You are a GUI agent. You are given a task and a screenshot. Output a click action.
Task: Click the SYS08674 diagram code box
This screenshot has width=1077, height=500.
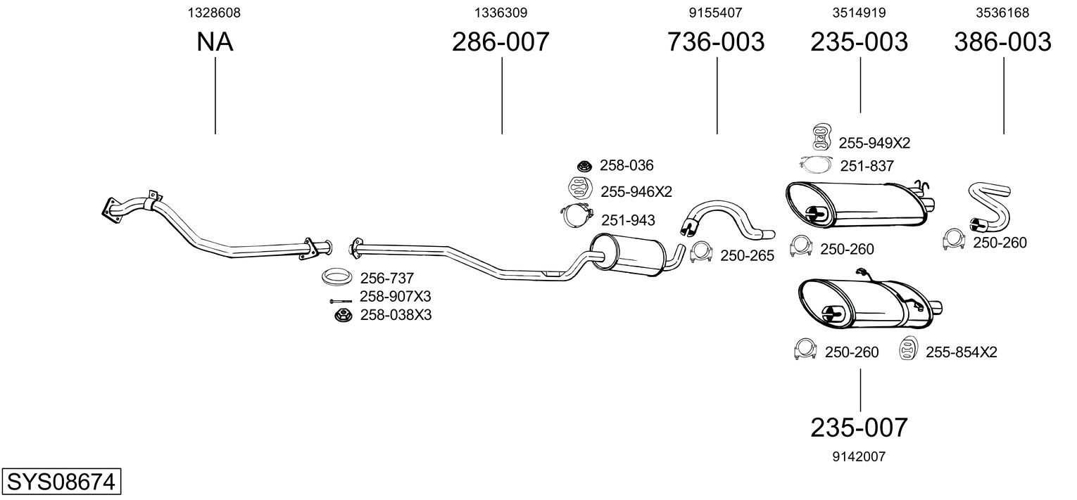pos(61,483)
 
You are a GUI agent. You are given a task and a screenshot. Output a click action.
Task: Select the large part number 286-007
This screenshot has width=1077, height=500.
pos(500,42)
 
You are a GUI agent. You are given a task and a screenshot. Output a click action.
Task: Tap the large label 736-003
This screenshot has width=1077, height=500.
pos(715,42)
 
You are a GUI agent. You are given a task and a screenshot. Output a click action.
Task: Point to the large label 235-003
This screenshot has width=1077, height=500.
pos(859,42)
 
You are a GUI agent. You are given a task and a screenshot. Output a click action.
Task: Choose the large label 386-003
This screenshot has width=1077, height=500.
pos(1002,42)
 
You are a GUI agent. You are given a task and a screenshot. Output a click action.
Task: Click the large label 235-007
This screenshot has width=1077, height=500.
pos(859,427)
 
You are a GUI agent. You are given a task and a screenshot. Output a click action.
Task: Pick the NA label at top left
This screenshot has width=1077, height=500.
pos(215,42)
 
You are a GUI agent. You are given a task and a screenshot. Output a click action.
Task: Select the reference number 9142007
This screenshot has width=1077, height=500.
pos(859,456)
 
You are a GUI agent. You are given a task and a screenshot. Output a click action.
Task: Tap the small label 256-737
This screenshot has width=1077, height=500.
pos(386,278)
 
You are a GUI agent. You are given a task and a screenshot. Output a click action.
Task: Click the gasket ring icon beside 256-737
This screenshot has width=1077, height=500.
pos(337,277)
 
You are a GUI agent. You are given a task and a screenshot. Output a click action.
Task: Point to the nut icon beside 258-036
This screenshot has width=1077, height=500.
pos(583,166)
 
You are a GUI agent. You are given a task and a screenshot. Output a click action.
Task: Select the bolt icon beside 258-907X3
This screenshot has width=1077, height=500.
pos(341,300)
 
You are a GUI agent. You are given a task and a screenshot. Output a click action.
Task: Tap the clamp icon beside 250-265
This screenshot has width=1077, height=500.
pos(701,252)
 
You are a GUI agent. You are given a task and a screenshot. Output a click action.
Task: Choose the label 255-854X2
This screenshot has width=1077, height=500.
pos(961,352)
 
